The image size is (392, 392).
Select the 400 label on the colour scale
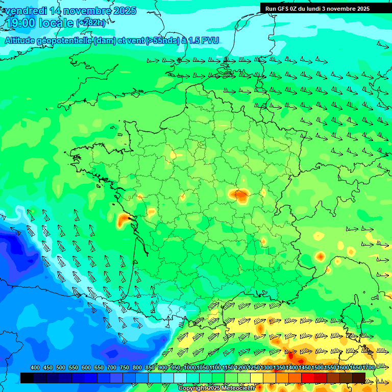coord(35,368)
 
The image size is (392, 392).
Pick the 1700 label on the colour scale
coord(369,368)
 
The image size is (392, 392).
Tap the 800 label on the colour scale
coord(137,368)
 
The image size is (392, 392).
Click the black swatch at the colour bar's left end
coord(27,378)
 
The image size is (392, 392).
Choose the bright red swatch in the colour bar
coord(308,378)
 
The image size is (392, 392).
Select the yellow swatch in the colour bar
coord(257,378)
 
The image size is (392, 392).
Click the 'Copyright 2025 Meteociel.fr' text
coord(216,388)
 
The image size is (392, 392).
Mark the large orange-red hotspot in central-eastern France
coord(238,194)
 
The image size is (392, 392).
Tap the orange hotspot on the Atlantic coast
coord(124,220)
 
